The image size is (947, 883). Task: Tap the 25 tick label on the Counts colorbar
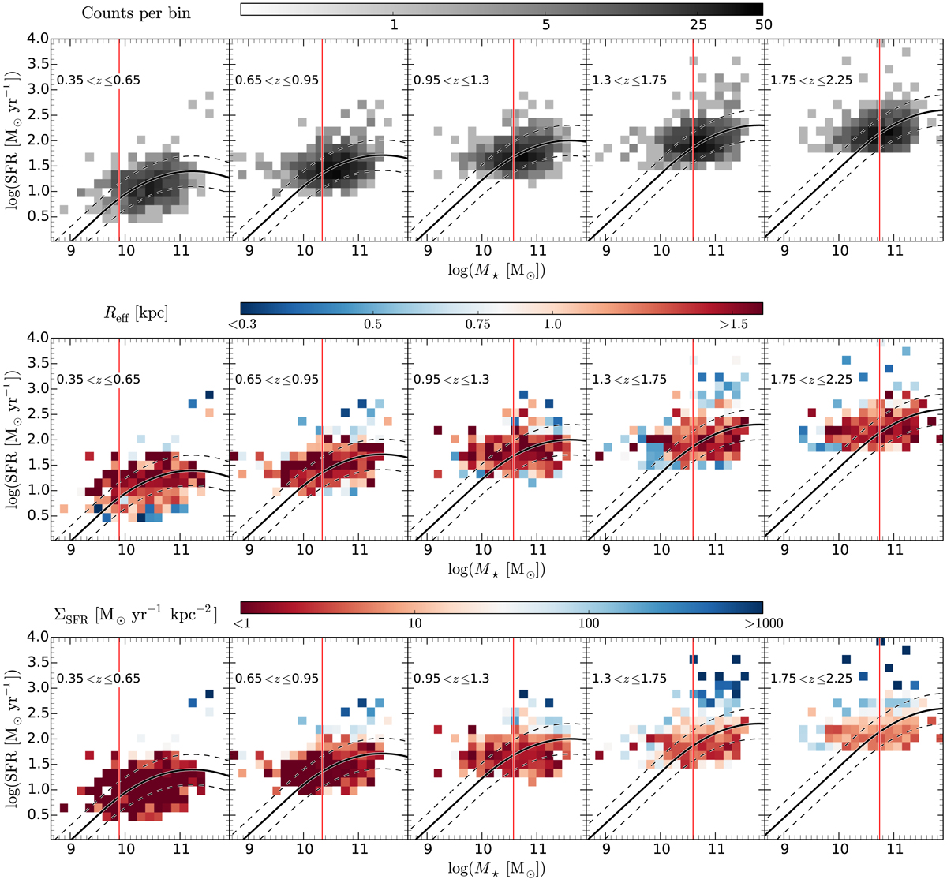698,25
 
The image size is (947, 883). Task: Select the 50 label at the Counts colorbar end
762,25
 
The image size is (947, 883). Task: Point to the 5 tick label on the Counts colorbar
546,25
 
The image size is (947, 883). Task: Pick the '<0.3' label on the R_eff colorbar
241,324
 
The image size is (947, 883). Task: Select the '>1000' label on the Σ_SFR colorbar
762,623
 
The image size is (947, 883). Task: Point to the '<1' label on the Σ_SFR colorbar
241,623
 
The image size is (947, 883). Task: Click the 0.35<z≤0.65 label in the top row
98,80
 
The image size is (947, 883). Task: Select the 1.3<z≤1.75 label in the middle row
630,379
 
